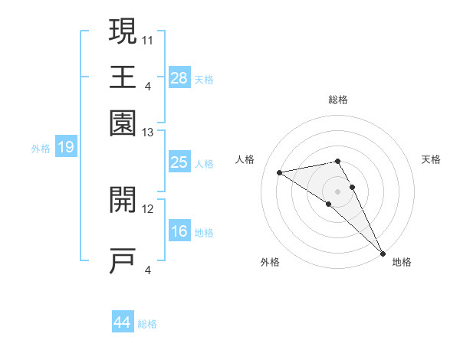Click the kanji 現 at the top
123,32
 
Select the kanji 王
123,77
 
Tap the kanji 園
123,122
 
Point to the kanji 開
123,200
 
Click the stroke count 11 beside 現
148,38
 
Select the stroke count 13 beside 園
148,133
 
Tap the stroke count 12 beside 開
148,208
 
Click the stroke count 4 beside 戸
148,269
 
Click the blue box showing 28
179,77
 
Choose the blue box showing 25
179,162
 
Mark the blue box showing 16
179,231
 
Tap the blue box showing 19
66,147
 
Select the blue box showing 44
123,322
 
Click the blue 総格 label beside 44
147,324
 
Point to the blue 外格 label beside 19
41,149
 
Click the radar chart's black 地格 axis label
402,262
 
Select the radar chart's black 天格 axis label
431,159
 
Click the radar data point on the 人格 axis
280,172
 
